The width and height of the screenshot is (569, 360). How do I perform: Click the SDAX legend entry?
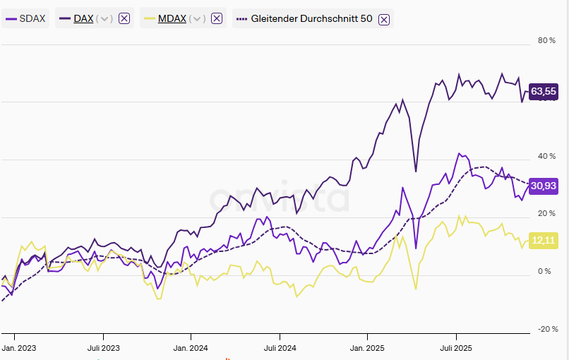pyautogui.click(x=25, y=18)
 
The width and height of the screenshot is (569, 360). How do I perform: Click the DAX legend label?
pyautogui.click(x=84, y=18)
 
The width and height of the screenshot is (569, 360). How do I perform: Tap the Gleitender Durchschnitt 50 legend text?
pyautogui.click(x=311, y=18)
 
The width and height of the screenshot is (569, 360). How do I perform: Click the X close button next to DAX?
pyautogui.click(x=124, y=18)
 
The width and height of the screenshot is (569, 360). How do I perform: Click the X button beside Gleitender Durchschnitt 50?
pyautogui.click(x=384, y=19)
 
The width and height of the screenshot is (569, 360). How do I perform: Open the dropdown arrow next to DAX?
pyautogui.click(x=105, y=18)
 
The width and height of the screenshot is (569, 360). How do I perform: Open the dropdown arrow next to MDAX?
pyautogui.click(x=198, y=18)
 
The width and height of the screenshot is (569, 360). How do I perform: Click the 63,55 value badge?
pyautogui.click(x=543, y=91)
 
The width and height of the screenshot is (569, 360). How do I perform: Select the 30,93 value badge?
pyautogui.click(x=543, y=185)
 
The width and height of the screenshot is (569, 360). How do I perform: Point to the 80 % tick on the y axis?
pyautogui.click(x=546, y=40)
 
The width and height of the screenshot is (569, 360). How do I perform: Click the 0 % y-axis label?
pyautogui.click(x=544, y=271)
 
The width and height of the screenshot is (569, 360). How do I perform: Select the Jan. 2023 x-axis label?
pyautogui.click(x=19, y=348)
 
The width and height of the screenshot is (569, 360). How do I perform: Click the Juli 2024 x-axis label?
pyautogui.click(x=279, y=348)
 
